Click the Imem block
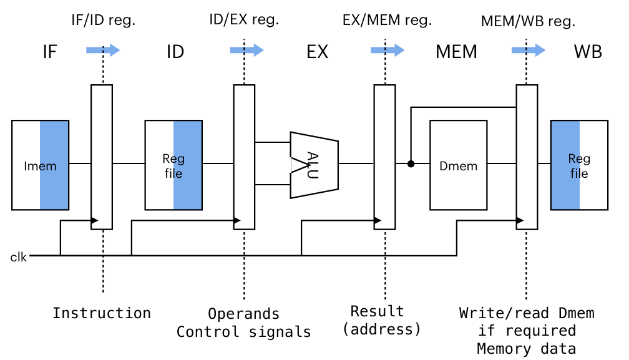click(40, 165)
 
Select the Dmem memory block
click(459, 165)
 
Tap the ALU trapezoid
click(314, 165)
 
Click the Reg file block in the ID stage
click(173, 165)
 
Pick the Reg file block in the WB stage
click(579, 165)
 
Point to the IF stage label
click(50, 52)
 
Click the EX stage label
click(317, 52)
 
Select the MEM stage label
click(456, 52)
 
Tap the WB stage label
click(588, 52)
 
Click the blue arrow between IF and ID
click(103, 51)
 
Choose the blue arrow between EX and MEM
click(387, 51)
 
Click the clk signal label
click(19, 256)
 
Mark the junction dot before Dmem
click(411, 164)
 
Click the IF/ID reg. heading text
click(102, 20)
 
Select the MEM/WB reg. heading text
click(528, 21)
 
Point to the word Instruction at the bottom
click(102, 313)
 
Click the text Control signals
click(244, 332)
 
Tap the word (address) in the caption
click(382, 328)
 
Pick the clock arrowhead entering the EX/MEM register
click(378, 220)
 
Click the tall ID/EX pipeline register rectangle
click(244, 157)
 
